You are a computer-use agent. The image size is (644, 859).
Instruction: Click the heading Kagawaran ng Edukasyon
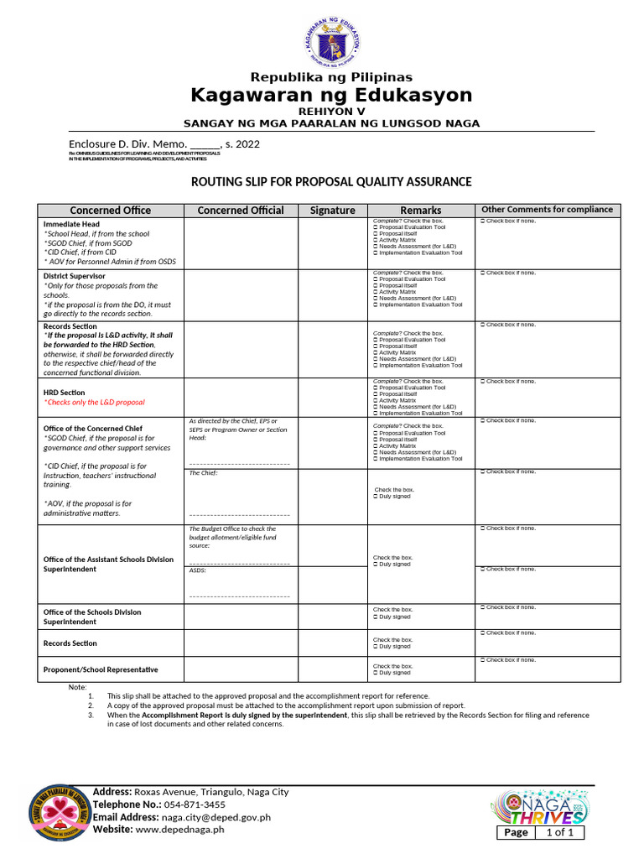coord(331,94)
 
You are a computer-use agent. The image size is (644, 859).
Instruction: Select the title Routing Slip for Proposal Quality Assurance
coord(331,182)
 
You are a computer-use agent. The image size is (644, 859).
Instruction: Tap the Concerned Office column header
coord(110,211)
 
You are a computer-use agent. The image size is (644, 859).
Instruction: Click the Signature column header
coord(332,211)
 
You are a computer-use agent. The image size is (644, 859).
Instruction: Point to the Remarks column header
coord(420,211)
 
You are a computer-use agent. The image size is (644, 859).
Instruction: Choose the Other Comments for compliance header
coord(545,210)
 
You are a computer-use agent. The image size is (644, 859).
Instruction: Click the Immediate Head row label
coord(71,224)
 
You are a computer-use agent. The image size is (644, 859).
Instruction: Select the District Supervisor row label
coord(74,276)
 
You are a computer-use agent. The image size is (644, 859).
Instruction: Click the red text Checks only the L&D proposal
coord(94,403)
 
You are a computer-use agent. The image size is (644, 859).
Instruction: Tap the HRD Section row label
coord(64,392)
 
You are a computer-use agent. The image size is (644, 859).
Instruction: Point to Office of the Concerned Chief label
coord(92,429)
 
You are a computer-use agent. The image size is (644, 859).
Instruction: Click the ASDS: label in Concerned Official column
coord(198,570)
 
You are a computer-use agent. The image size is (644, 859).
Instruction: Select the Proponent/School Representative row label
coord(101,669)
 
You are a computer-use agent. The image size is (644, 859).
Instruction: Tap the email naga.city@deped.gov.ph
coord(216,816)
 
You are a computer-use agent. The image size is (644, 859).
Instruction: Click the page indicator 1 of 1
coord(559,832)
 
